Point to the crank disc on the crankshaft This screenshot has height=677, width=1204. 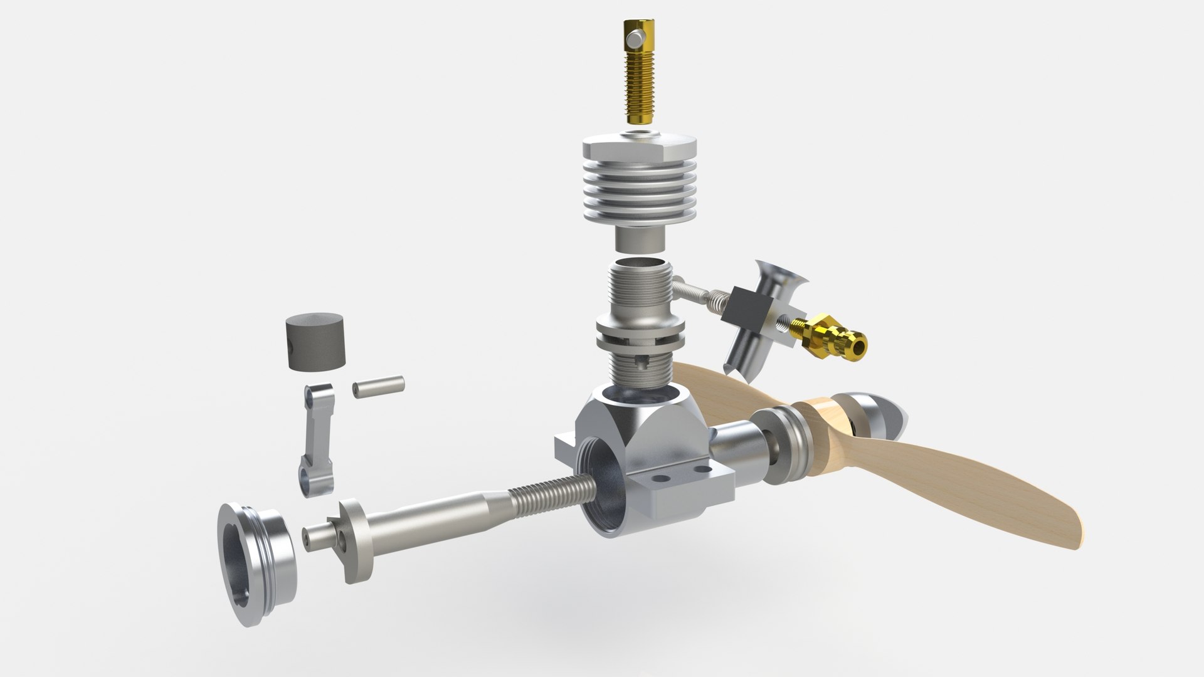point(356,540)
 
